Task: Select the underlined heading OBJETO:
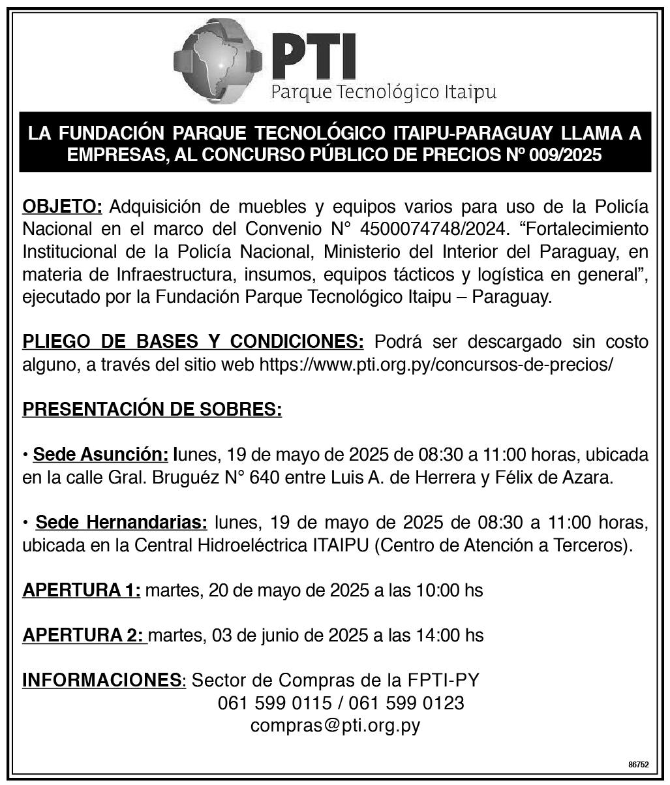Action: [x=63, y=208]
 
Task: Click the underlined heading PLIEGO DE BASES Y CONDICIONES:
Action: [x=193, y=341]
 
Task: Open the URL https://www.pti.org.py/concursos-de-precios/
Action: [x=436, y=364]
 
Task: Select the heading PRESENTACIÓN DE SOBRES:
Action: [x=152, y=410]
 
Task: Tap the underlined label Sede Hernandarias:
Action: [x=121, y=523]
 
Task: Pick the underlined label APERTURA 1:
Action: [x=82, y=591]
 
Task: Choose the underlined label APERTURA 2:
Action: [x=85, y=635]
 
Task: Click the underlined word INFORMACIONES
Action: [x=101, y=680]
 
